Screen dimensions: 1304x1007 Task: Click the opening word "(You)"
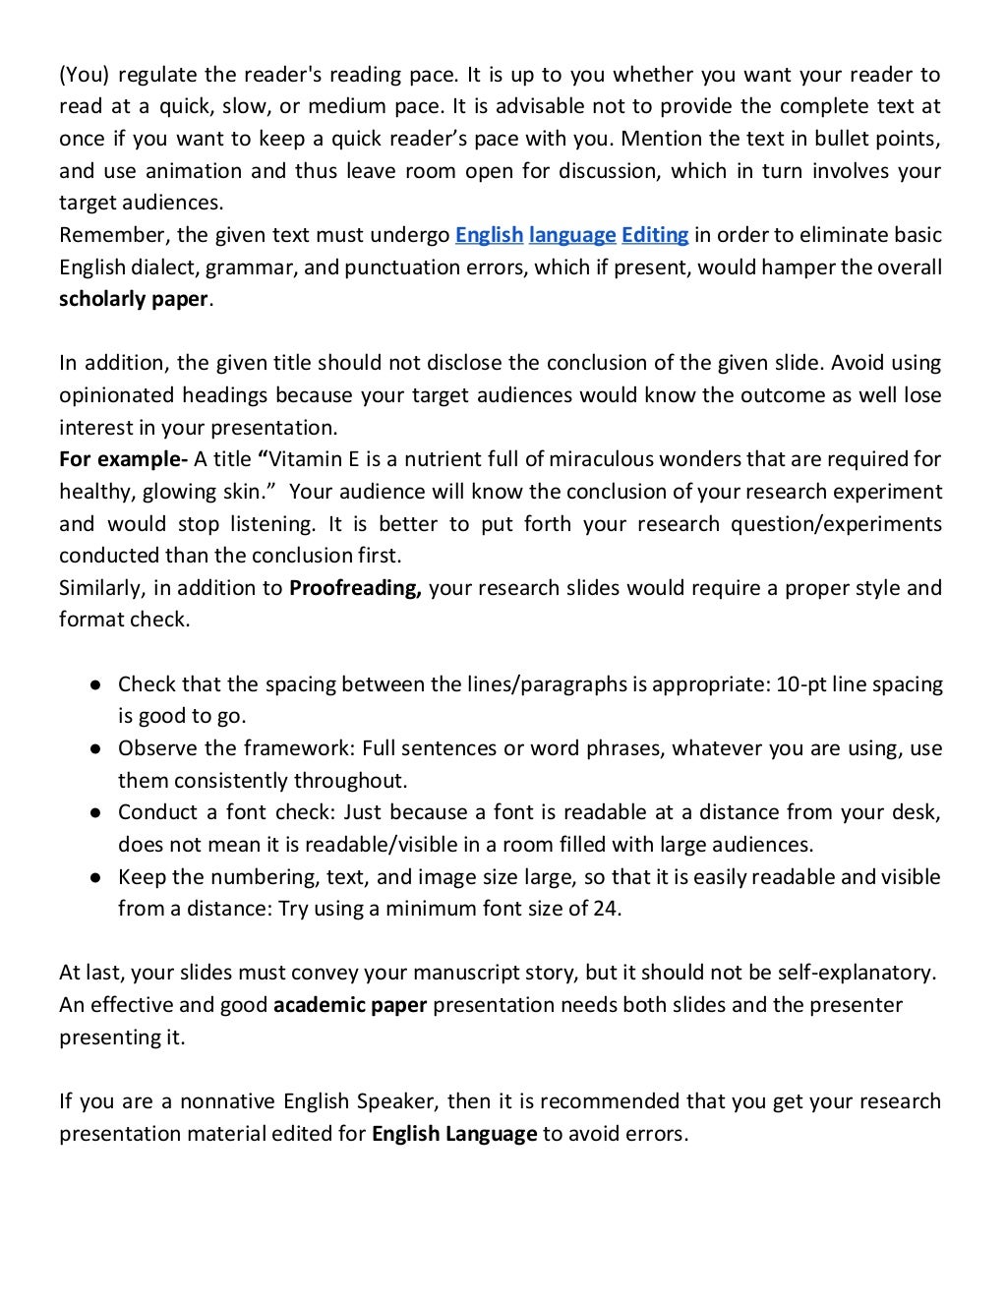[x=85, y=75]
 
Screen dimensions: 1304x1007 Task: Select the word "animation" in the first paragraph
[x=193, y=171]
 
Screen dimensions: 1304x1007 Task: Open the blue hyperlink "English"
[x=489, y=235]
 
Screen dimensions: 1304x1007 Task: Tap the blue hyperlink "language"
[x=572, y=235]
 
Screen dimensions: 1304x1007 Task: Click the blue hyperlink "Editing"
[x=655, y=235]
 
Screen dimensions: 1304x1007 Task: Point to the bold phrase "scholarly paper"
[x=134, y=299]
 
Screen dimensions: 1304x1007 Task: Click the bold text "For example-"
[x=123, y=459]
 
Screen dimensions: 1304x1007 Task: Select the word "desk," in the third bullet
[x=917, y=812]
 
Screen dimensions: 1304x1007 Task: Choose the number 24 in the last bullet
[x=606, y=909]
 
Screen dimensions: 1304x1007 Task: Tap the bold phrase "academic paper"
[x=350, y=1005]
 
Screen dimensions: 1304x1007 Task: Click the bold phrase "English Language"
[x=454, y=1134]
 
